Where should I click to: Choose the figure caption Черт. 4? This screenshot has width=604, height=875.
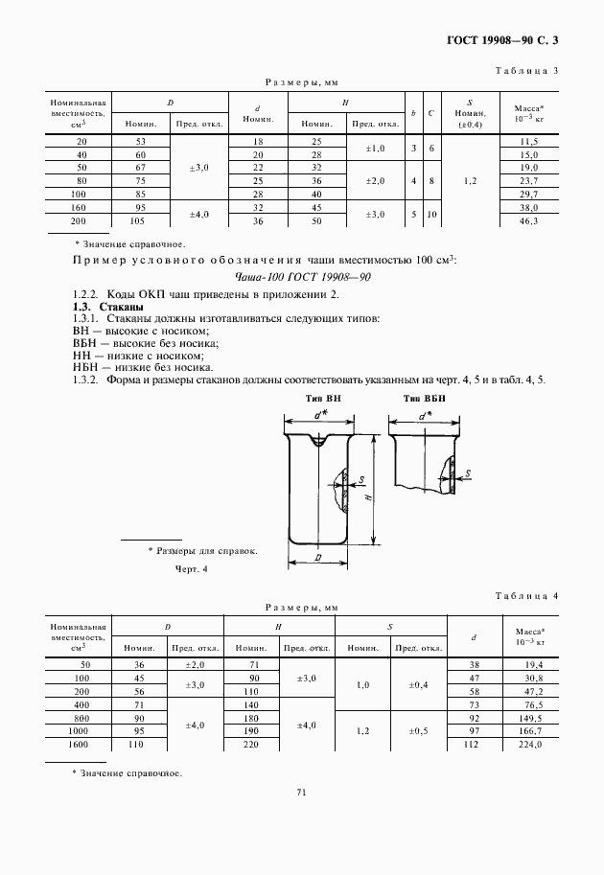coord(191,569)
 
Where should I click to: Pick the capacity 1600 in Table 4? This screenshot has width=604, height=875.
coord(79,744)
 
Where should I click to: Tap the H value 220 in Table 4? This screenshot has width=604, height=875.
coord(253,744)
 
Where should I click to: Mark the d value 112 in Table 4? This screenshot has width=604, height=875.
coord(472,744)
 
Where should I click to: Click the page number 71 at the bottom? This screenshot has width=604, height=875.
coord(301,792)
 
